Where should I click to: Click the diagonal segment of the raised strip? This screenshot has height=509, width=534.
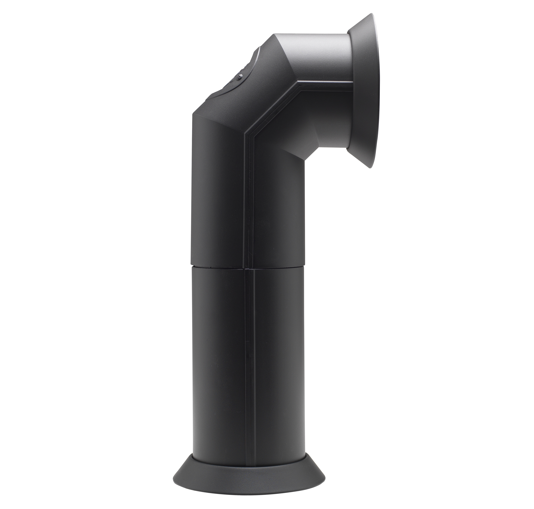pos(271,108)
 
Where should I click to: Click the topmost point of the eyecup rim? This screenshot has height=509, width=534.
pos(373,14)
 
